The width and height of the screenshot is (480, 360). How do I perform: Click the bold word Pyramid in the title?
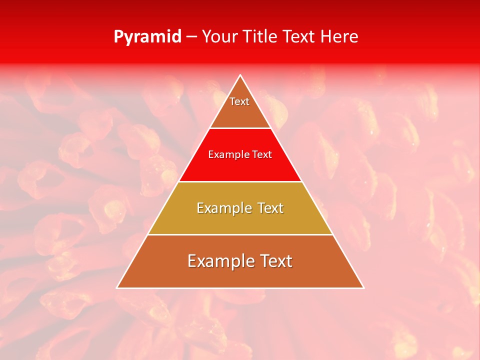point(147,37)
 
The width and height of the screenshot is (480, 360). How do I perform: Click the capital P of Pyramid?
point(118,37)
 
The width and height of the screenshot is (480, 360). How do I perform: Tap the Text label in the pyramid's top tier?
point(239,101)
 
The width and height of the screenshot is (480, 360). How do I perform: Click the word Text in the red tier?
point(262,155)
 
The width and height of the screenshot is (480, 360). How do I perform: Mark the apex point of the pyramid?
point(240,75)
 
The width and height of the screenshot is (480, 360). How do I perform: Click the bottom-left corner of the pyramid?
point(117,288)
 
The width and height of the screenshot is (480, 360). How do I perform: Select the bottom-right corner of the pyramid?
point(363,288)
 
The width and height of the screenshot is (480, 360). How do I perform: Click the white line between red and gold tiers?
point(240,181)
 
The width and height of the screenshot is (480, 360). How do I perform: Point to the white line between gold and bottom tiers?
point(240,234)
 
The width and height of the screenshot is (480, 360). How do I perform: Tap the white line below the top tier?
point(240,128)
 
